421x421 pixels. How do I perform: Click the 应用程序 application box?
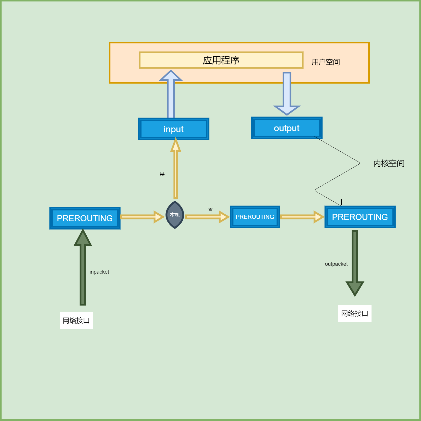tap(221, 60)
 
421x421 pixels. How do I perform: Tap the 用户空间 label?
tap(325, 62)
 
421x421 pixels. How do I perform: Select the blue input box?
tap(174, 129)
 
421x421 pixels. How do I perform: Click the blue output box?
tap(287, 128)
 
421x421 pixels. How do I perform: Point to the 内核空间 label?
tap(389, 163)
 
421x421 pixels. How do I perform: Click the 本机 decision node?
tap(175, 215)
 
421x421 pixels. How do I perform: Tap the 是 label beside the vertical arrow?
tap(162, 174)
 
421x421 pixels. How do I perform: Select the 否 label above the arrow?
tap(210, 210)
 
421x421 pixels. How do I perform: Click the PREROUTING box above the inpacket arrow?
tap(85, 218)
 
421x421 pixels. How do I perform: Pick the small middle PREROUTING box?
tap(255, 217)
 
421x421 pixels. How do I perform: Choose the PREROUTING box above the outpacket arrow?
tap(360, 217)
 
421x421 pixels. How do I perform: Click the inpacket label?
tap(99, 272)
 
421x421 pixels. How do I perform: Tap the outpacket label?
tap(336, 264)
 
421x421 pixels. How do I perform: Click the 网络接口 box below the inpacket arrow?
tap(76, 320)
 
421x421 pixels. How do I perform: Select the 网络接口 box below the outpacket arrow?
tap(354, 313)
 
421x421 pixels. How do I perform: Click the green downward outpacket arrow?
tap(355, 262)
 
